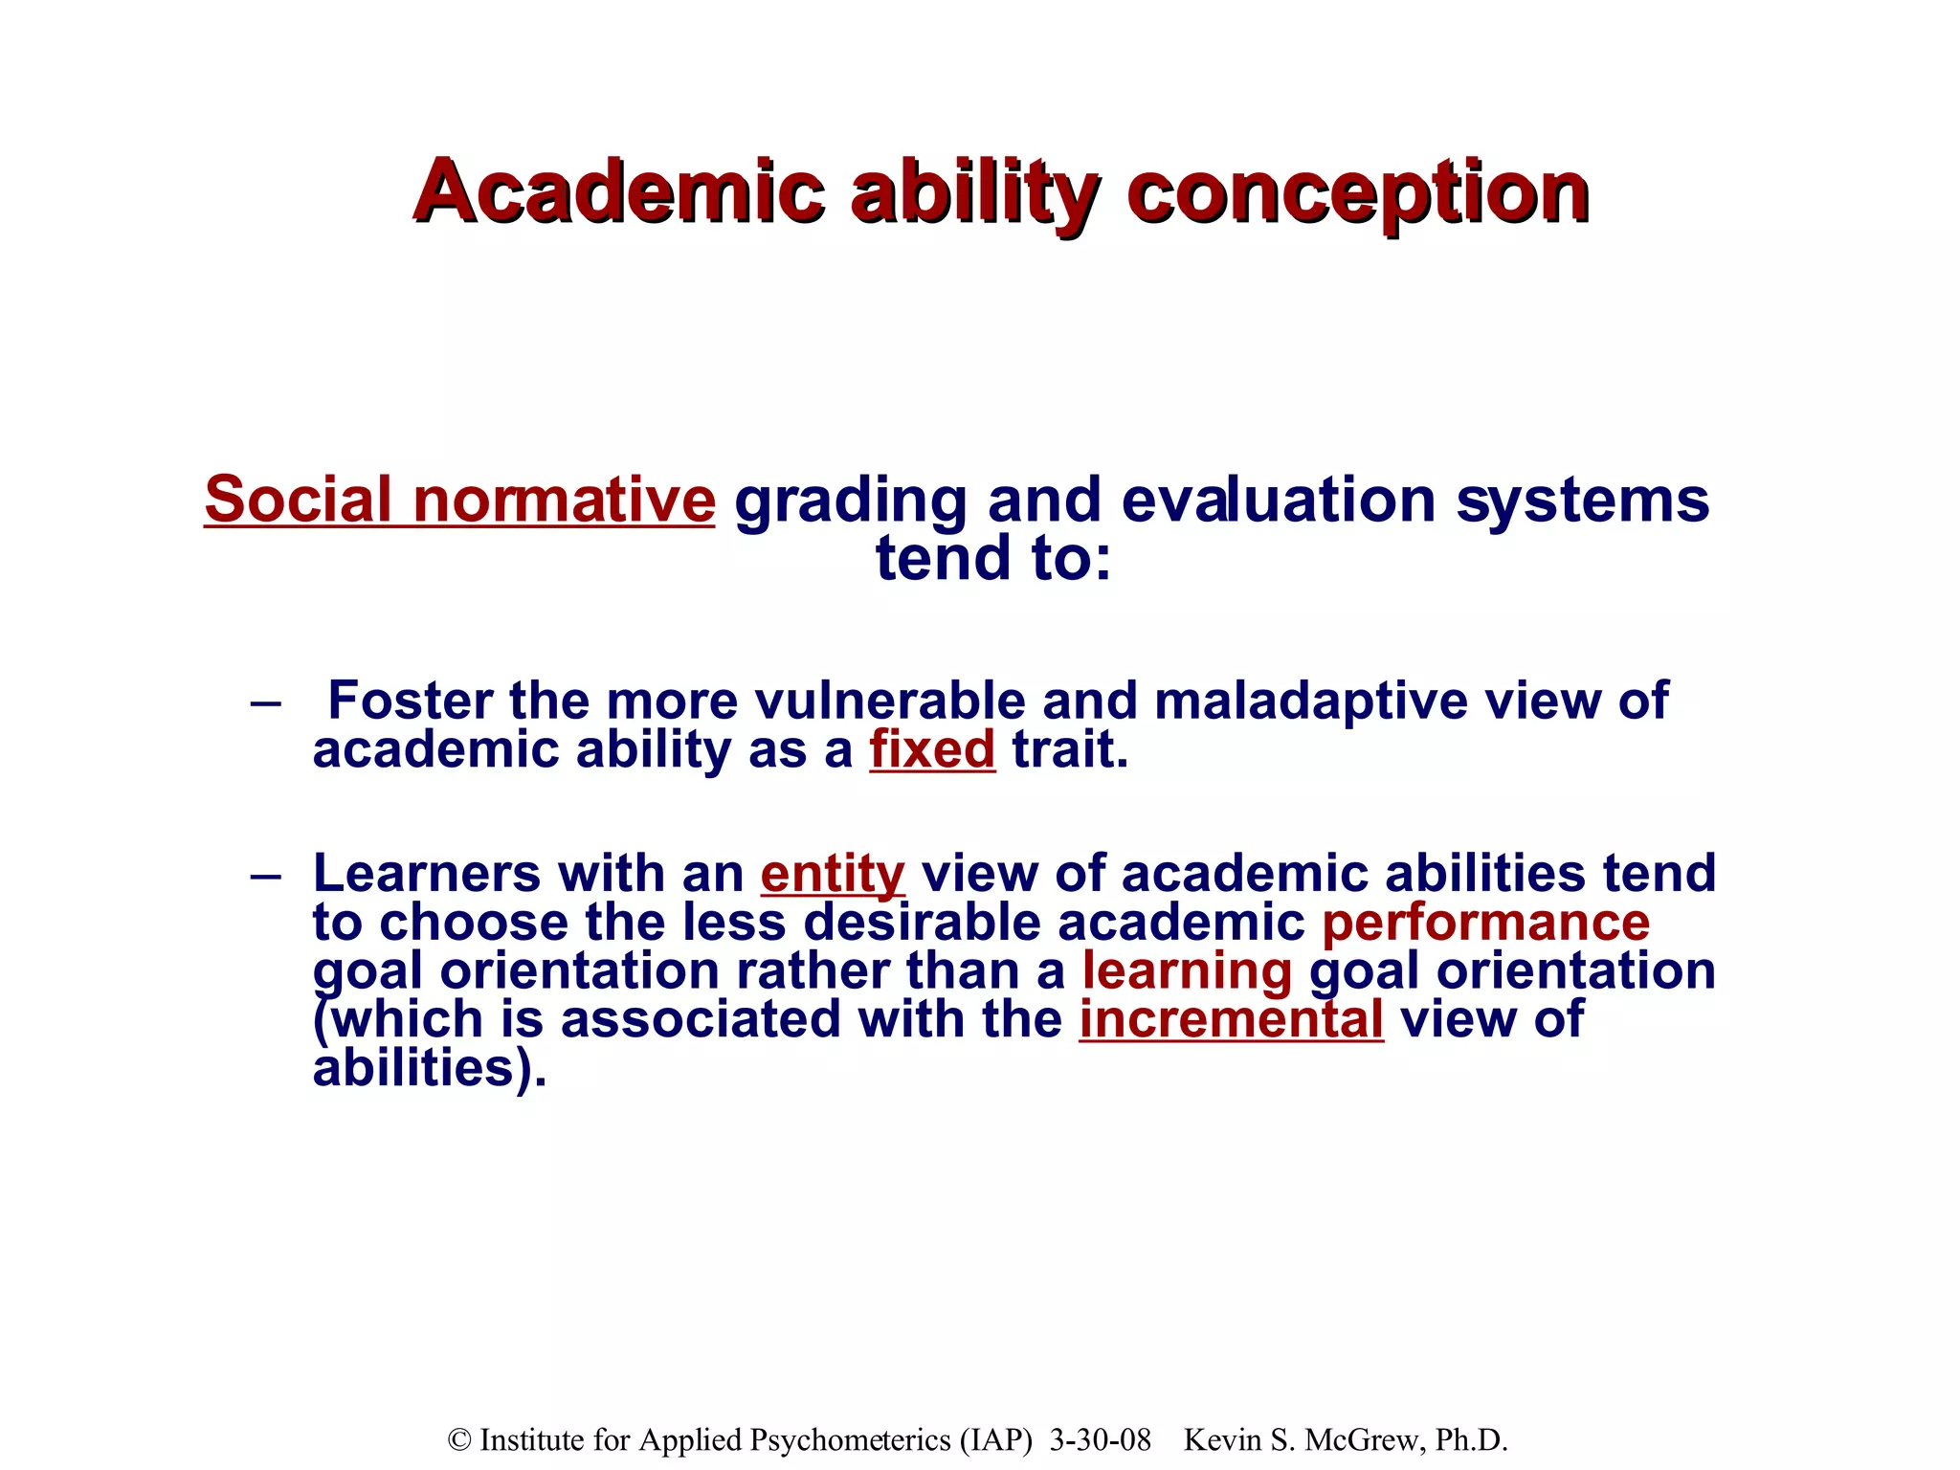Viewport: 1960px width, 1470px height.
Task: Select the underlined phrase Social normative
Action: (459, 500)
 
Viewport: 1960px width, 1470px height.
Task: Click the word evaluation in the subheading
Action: (1278, 500)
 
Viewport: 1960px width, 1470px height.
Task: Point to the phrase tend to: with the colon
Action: (993, 558)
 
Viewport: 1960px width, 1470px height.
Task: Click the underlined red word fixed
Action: (932, 749)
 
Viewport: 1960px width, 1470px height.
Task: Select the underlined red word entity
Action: (833, 874)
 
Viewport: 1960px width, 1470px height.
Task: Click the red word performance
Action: (1485, 923)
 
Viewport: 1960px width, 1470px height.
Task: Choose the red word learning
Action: (1187, 970)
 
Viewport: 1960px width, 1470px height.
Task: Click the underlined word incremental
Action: (1231, 1019)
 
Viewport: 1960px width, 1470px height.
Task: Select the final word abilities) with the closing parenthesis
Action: (430, 1068)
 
